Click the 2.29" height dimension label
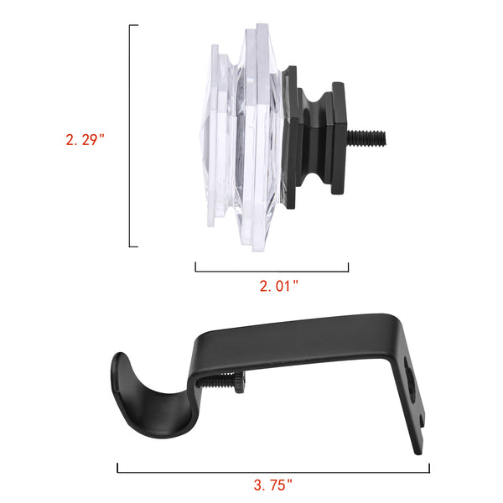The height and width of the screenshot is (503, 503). [x=85, y=140]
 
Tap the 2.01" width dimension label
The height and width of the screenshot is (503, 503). [x=279, y=286]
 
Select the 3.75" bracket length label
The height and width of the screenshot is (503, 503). [x=273, y=485]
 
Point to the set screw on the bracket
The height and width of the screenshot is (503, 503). [x=221, y=382]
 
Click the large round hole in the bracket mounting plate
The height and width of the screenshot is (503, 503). [x=410, y=379]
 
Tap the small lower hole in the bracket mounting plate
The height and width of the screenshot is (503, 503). [x=422, y=421]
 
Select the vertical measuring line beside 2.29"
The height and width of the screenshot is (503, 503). [x=130, y=136]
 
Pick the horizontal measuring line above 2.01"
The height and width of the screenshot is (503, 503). [x=272, y=272]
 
